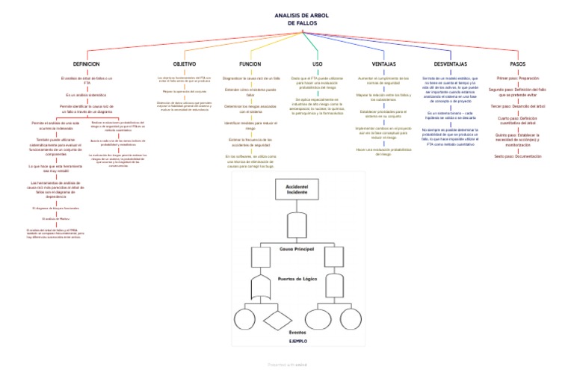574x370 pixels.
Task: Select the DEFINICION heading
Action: point(81,64)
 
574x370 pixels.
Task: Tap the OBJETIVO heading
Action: point(184,64)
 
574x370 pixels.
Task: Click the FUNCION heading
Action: point(250,64)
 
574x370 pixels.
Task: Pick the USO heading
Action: point(317,64)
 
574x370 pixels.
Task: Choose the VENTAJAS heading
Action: point(383,64)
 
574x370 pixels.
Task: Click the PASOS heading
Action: point(517,64)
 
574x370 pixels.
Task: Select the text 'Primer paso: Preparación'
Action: point(517,78)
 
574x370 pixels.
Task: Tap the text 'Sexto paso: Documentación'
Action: point(517,156)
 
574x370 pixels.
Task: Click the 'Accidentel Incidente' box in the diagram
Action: point(297,189)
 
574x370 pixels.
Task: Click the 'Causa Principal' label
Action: point(297,248)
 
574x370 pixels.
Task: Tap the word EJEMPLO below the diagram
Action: point(297,340)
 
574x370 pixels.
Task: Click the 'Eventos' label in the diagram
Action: point(297,331)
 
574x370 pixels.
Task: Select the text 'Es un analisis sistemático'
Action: point(81,95)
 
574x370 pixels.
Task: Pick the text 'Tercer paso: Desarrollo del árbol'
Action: point(517,106)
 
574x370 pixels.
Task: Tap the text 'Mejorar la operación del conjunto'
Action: point(184,91)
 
